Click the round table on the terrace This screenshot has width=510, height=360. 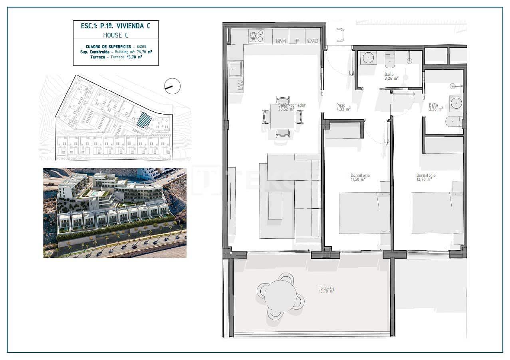[x=280, y=296]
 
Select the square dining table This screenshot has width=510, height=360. [x=282, y=117]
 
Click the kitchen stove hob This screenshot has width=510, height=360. [x=256, y=36]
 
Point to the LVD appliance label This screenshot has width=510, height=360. [x=313, y=41]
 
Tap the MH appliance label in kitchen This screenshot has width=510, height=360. [x=280, y=41]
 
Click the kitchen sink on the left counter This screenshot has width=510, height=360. [x=235, y=68]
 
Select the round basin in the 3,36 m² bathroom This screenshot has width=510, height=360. [x=456, y=103]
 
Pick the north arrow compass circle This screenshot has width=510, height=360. [x=172, y=86]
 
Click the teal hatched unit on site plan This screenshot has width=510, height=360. [x=144, y=120]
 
